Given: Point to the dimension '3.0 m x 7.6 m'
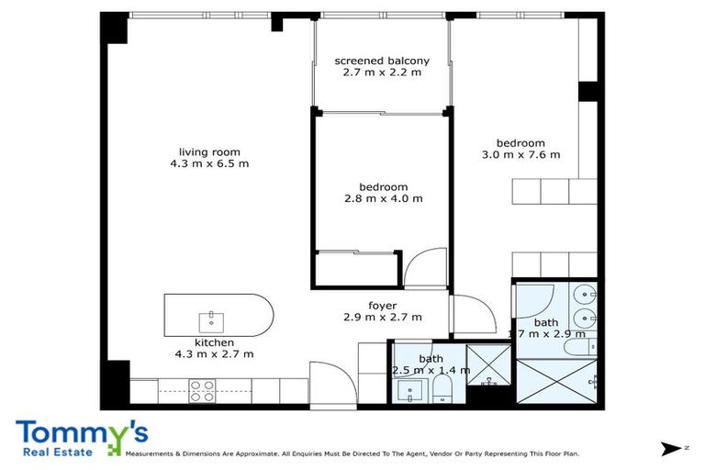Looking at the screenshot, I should pyautogui.click(x=520, y=154).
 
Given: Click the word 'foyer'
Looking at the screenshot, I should pyautogui.click(x=382, y=306).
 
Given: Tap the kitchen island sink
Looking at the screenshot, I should pyautogui.click(x=211, y=321).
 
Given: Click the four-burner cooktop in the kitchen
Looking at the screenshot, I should pyautogui.click(x=203, y=391).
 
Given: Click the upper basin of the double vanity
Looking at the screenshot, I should pyautogui.click(x=589, y=296).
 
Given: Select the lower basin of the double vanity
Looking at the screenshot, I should pyautogui.click(x=589, y=319).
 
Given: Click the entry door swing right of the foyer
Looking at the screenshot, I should pyautogui.click(x=473, y=317).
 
